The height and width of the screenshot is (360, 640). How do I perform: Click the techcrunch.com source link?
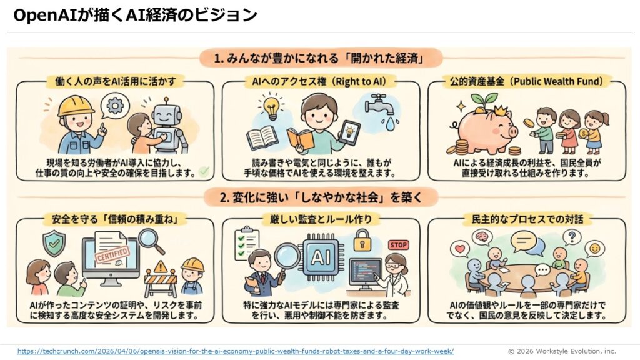pyautogui.click(x=236, y=351)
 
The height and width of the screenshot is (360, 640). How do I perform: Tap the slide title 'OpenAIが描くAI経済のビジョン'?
pyautogui.click(x=135, y=15)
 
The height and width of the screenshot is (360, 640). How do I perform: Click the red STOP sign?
pyautogui.click(x=398, y=245)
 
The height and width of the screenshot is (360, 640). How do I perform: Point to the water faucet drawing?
pyautogui.click(x=379, y=104)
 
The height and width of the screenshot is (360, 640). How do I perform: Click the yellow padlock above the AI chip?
pyautogui.click(x=362, y=241)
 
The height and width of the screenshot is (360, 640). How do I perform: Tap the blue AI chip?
pyautogui.click(x=321, y=257)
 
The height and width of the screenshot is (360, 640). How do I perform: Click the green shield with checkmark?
pyautogui.click(x=54, y=243)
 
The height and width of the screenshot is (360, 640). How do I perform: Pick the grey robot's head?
pyautogui.click(x=166, y=113)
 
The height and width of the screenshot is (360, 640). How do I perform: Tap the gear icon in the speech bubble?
pyautogui.click(x=116, y=105)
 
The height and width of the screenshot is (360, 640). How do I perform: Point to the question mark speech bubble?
pyautogui.click(x=572, y=237)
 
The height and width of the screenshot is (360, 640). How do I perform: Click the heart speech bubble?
pyautogui.click(x=461, y=249)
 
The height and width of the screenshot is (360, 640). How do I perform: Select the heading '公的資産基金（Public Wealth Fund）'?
pyautogui.click(x=526, y=81)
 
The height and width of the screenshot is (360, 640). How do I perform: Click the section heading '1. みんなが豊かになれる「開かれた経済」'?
pyautogui.click(x=321, y=58)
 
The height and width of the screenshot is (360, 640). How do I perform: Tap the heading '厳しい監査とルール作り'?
pyautogui.click(x=321, y=219)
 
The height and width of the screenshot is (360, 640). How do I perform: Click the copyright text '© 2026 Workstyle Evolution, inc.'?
pyautogui.click(x=562, y=351)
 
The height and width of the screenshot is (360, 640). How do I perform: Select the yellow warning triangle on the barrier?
pyautogui.click(x=161, y=267)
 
